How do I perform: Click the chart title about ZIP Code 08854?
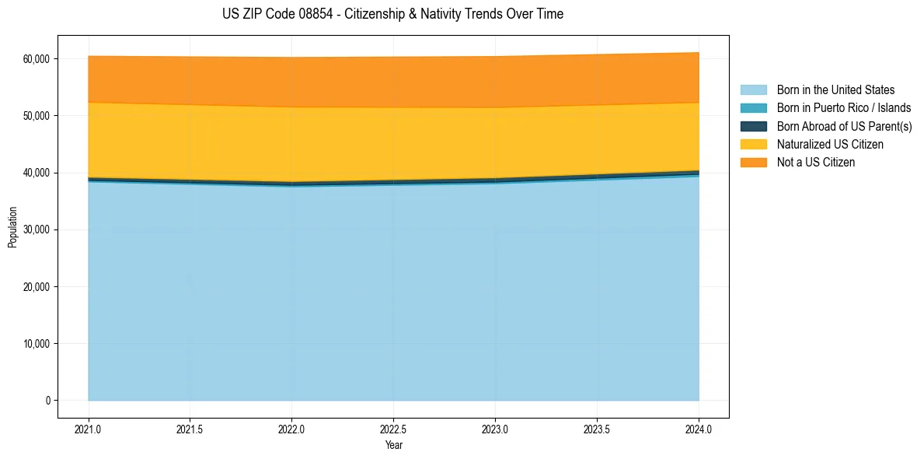[392, 14]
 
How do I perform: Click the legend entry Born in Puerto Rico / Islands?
[843, 108]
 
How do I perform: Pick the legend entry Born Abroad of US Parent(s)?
[844, 126]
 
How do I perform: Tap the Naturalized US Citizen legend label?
[830, 144]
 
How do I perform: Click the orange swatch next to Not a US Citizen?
[753, 162]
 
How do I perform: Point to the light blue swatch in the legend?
[753, 90]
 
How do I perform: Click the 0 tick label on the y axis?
[47, 401]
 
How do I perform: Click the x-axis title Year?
[393, 446]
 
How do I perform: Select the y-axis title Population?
[12, 227]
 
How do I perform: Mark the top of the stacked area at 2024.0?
[699, 53]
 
